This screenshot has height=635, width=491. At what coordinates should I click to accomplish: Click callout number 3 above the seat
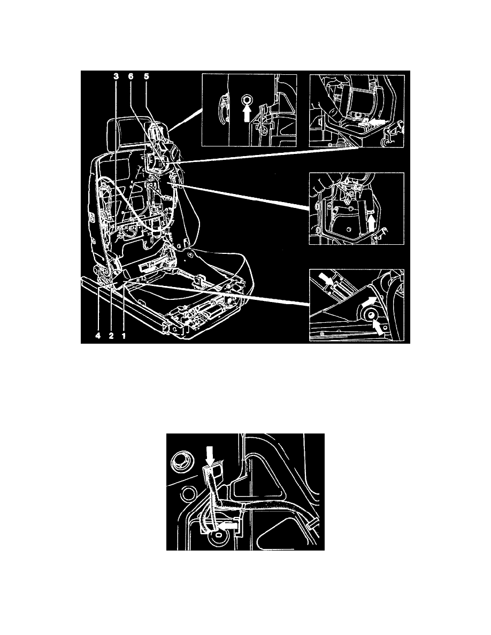116,76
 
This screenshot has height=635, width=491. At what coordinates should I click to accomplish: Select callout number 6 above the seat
131,76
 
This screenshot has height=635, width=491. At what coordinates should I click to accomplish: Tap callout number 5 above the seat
146,76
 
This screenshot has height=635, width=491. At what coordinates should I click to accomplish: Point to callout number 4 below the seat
97,336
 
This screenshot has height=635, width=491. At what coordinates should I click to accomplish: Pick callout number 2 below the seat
111,336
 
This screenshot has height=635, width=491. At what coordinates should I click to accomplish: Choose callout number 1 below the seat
124,336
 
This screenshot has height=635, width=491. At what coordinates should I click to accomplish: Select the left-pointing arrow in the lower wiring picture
228,525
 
